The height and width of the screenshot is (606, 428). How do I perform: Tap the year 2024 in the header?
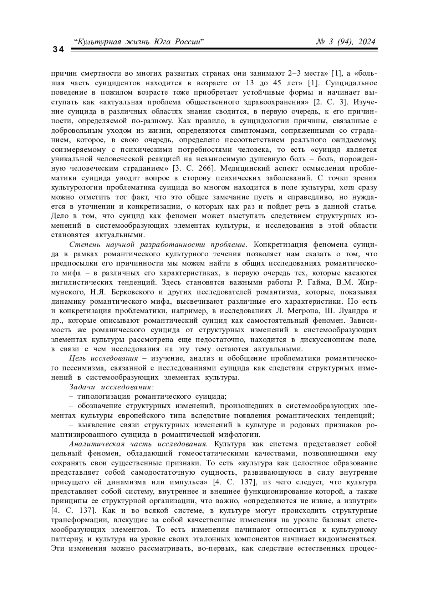366,42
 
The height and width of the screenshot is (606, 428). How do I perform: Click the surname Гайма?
314,283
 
